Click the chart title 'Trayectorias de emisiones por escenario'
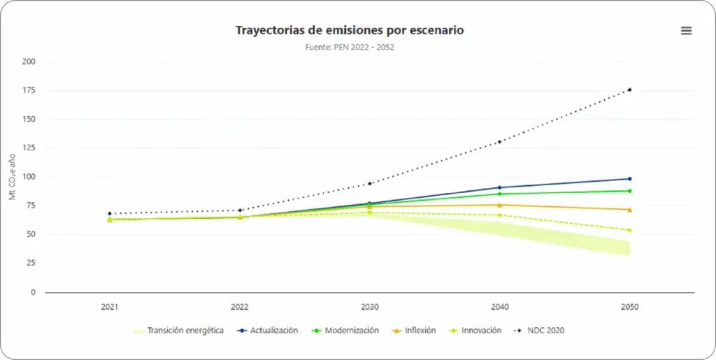pos(350,30)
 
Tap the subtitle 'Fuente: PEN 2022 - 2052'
pos(350,47)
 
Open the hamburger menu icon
pos(686,30)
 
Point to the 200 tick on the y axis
pos(29,62)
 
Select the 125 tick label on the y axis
pos(29,148)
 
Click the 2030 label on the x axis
pos(370,307)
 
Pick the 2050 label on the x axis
pos(629,307)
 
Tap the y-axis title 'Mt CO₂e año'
pos(13,177)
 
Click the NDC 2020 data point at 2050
pos(629,89)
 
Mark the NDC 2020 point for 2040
pos(499,142)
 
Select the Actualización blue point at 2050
pos(629,179)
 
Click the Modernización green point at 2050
pos(629,191)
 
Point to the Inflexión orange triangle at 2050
pos(629,210)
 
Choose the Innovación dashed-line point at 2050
pos(629,230)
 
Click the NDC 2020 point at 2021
pos(110,213)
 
